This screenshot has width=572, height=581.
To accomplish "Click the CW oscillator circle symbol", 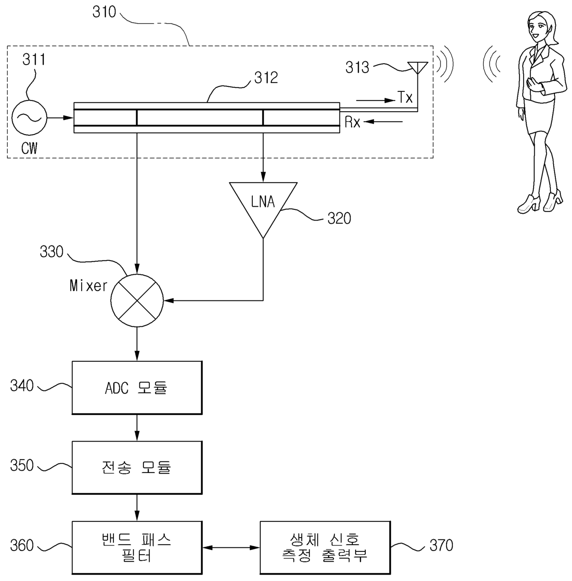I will pyautogui.click(x=29, y=118).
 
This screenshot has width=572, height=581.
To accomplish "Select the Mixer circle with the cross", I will pyautogui.click(x=137, y=300).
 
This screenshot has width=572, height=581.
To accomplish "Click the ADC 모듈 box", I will pyautogui.click(x=137, y=388).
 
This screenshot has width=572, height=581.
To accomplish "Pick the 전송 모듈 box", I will pyautogui.click(x=137, y=467).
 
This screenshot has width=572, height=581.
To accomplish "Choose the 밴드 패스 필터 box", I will pyautogui.click(x=137, y=547).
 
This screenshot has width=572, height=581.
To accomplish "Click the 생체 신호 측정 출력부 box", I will pyautogui.click(x=325, y=547).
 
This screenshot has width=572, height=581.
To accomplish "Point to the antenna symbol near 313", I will pyautogui.click(x=417, y=68).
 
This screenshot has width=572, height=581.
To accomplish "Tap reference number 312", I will pyautogui.click(x=266, y=78).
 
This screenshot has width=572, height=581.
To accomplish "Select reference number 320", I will pyautogui.click(x=339, y=218).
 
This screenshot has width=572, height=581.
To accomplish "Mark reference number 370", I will pyautogui.click(x=441, y=545).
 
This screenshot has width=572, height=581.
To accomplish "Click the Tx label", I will pyautogui.click(x=405, y=98).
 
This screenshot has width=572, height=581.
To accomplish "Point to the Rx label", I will pyautogui.click(x=352, y=122).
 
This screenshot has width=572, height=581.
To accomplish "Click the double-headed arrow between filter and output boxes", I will pyautogui.click(x=231, y=547).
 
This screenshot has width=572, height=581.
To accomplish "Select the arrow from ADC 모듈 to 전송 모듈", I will pyautogui.click(x=137, y=427).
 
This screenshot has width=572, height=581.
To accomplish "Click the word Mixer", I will pyautogui.click(x=88, y=286).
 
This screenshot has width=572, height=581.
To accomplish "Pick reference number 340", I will pyautogui.click(x=22, y=385).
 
